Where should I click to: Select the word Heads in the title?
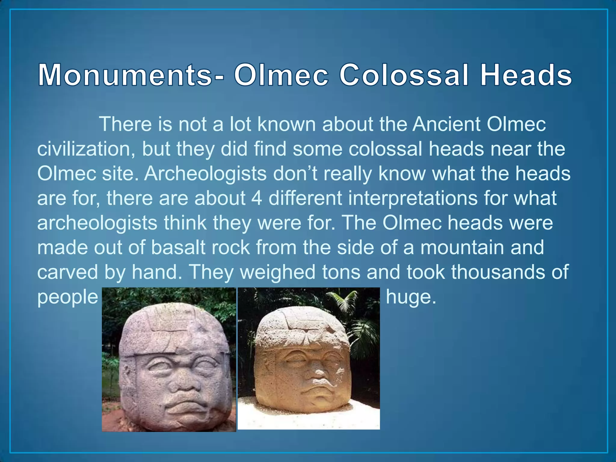(526, 75)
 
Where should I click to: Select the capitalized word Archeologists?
(205, 174)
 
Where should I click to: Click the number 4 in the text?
(257, 198)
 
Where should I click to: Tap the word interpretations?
(373, 198)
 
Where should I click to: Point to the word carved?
(67, 272)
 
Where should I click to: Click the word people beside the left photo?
(68, 297)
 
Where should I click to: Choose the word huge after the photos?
(411, 297)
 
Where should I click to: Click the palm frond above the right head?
(346, 301)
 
